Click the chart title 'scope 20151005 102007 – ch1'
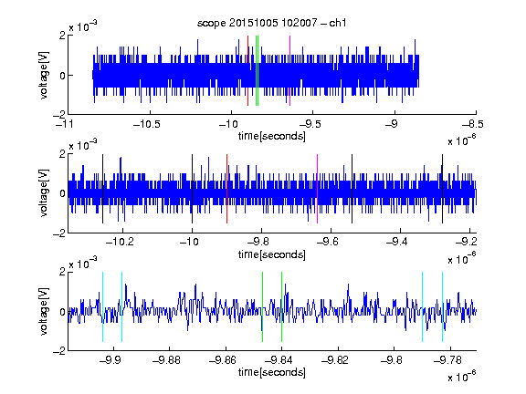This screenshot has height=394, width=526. (271, 23)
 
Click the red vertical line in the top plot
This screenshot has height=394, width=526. (247, 71)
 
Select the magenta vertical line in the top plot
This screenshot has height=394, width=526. (289, 71)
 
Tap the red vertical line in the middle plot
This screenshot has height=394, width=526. (226, 189)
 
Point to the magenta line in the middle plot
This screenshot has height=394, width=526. (318, 189)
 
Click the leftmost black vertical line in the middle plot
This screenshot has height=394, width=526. (102, 189)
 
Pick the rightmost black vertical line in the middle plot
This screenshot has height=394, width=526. (443, 189)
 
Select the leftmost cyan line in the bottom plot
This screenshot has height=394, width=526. (102, 306)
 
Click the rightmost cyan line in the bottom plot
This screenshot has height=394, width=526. (443, 306)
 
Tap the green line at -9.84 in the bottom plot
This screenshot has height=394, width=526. (282, 306)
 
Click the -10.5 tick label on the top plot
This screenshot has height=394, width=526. (147, 124)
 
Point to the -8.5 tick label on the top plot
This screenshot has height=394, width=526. (473, 124)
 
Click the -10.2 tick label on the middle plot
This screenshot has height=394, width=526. (120, 242)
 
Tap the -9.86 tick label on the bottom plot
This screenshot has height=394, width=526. (223, 360)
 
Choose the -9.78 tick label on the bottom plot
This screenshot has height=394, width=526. (447, 360)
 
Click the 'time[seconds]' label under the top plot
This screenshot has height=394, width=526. (272, 136)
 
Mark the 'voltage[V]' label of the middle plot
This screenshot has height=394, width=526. (44, 193)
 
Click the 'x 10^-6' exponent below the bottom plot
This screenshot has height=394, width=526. (462, 376)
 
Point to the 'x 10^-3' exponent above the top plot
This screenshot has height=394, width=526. (83, 26)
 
